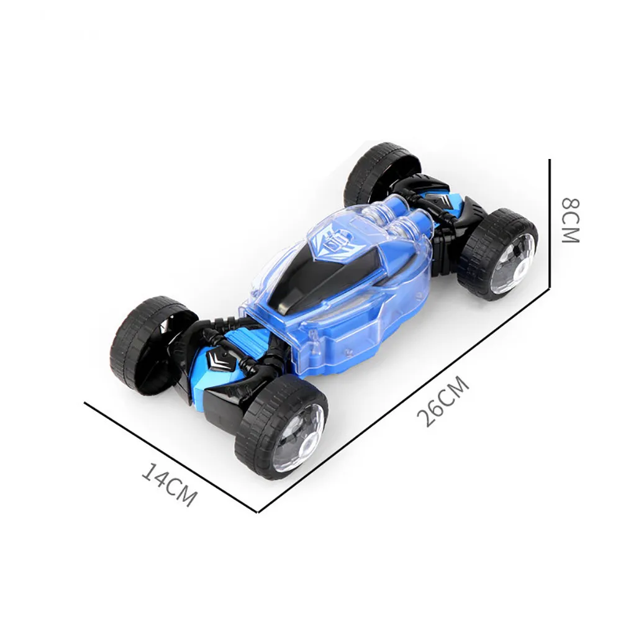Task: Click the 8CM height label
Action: click(571, 220)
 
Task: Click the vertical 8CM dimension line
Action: click(550, 223)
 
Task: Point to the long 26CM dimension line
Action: click(404, 399)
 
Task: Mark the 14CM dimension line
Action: click(171, 457)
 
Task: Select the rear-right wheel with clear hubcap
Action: click(498, 254)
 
